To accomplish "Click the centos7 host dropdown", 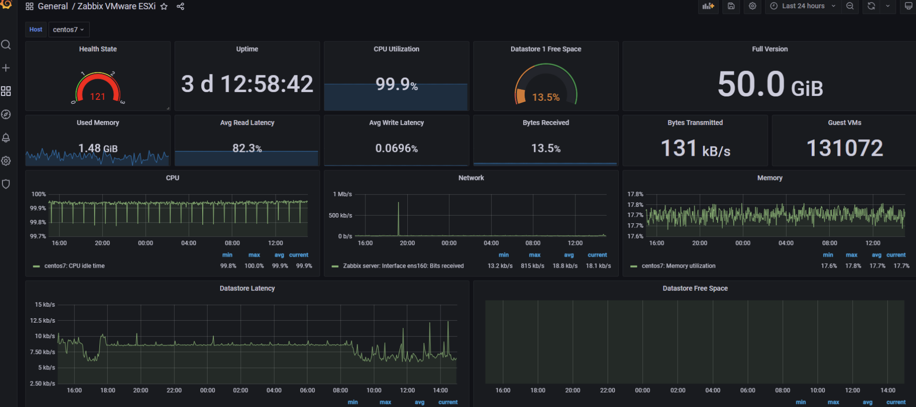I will (69, 29).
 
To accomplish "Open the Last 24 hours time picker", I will (804, 6).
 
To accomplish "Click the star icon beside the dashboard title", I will (164, 7).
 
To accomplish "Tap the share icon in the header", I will (180, 7).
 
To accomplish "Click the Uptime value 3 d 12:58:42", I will (247, 84).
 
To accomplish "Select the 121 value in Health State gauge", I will (97, 96).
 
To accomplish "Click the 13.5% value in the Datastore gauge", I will (546, 97).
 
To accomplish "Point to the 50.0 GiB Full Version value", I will (770, 84).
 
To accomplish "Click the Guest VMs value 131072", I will (845, 148).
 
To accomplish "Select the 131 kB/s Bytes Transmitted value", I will (695, 149).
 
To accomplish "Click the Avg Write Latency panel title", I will (396, 122).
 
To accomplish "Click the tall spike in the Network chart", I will (399, 212).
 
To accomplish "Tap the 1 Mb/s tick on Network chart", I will (342, 194).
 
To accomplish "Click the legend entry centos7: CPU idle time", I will (74, 266).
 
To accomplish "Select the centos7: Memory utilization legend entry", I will (678, 266).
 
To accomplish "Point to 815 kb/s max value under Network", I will (532, 266).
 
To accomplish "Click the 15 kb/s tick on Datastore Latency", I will (45, 305).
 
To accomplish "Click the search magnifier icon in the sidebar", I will (6, 45).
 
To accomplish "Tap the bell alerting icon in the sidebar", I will (6, 138).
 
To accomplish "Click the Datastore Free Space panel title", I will (695, 288).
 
